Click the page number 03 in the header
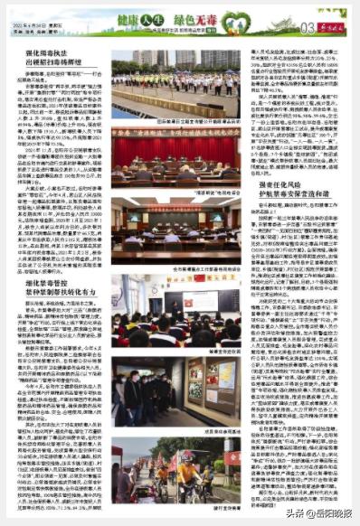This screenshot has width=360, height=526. pos(308,28)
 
